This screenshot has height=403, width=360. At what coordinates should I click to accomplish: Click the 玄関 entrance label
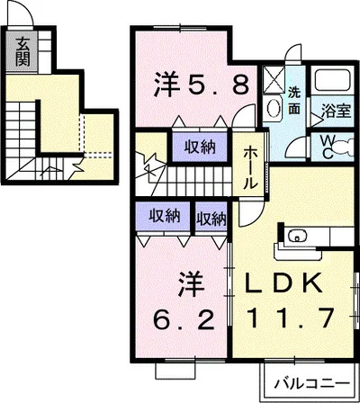(x=22, y=52)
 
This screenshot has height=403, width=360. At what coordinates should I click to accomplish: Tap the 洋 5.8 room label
(x=201, y=85)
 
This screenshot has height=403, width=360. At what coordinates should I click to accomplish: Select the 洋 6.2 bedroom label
(x=184, y=300)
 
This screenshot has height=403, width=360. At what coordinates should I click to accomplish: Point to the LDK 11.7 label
(x=290, y=300)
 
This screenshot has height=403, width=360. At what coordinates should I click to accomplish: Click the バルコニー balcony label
(x=312, y=383)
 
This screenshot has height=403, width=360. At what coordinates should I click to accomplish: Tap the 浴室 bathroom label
(x=336, y=111)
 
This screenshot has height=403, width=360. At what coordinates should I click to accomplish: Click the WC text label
(x=328, y=147)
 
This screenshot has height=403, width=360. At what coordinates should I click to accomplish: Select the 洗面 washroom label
(x=294, y=102)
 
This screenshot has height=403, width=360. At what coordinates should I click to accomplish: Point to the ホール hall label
(x=249, y=168)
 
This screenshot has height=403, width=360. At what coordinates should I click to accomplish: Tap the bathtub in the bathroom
(x=332, y=80)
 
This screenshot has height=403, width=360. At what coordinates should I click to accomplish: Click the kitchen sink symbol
(x=297, y=236)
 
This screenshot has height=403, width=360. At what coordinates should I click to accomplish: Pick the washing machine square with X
(x=274, y=78)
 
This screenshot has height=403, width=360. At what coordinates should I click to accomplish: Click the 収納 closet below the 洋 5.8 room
(x=200, y=147)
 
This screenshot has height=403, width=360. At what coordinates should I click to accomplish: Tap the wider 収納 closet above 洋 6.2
(x=163, y=216)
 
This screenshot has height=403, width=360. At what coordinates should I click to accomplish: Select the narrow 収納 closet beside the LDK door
(x=211, y=217)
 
